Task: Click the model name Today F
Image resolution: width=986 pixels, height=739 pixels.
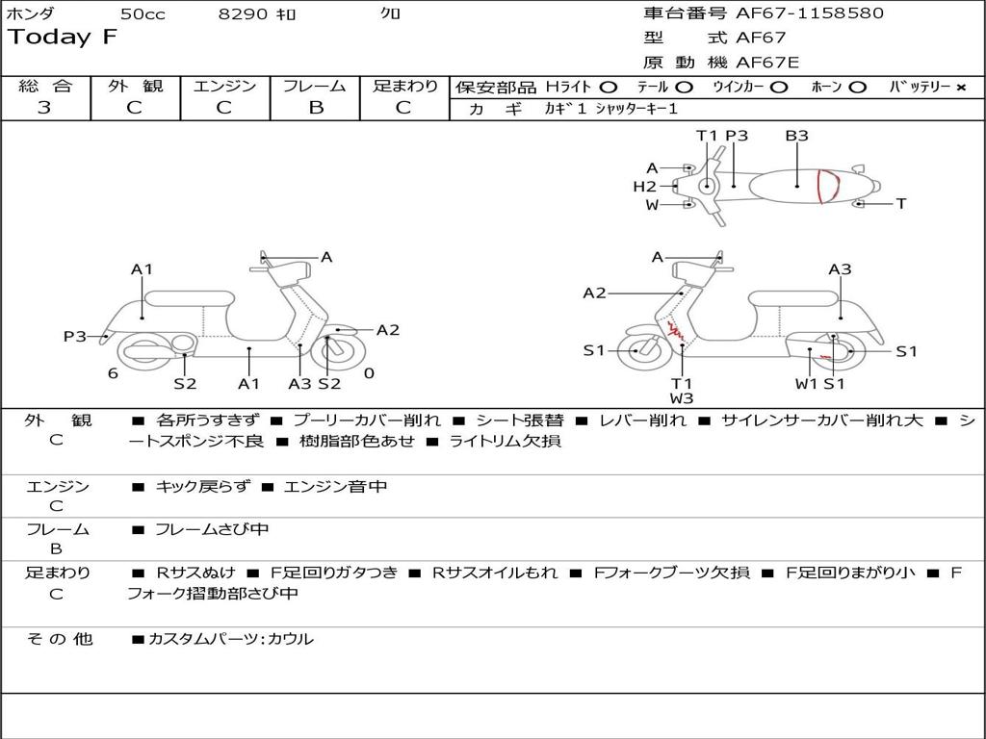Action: pos(63,38)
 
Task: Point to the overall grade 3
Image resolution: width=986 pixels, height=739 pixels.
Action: pos(44,108)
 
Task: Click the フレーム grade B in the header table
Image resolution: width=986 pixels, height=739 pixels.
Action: pos(315,108)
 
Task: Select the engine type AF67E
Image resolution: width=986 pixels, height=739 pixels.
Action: pos(767,63)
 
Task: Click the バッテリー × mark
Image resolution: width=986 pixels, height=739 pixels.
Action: pos(960,87)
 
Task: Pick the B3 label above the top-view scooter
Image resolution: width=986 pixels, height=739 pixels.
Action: pos(796,136)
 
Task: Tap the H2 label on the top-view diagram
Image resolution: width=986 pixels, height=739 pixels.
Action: pos(644,186)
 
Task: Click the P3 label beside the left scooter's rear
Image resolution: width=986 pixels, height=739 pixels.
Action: pos(75,336)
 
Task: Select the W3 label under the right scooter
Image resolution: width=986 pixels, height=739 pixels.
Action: pos(682,397)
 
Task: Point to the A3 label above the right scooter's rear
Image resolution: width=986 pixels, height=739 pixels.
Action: pos(840,269)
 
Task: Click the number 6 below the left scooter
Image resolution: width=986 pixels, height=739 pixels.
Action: pos(113,373)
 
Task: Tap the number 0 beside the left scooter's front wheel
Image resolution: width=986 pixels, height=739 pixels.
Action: pos(369,373)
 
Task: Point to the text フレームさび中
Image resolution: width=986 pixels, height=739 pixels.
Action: pos(212,529)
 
